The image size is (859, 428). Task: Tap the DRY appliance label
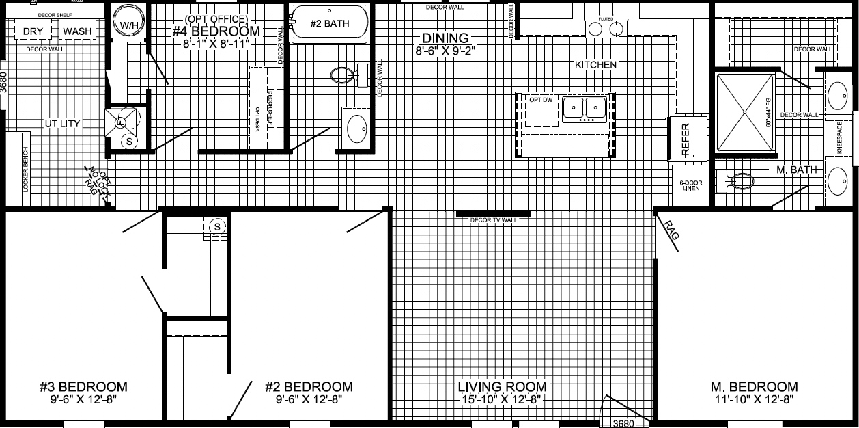33,31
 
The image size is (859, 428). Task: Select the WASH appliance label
78,31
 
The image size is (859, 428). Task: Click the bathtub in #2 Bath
329,24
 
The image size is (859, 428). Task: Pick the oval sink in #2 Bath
356,128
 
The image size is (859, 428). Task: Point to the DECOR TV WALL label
494,220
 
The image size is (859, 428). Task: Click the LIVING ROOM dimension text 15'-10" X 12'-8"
503,400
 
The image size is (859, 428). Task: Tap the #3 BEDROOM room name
84,387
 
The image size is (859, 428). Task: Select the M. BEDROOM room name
753,387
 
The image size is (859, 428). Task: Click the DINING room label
445,38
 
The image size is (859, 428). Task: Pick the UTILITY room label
63,124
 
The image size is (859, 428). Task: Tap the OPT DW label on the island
541,101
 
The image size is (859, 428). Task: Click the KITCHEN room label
595,65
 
